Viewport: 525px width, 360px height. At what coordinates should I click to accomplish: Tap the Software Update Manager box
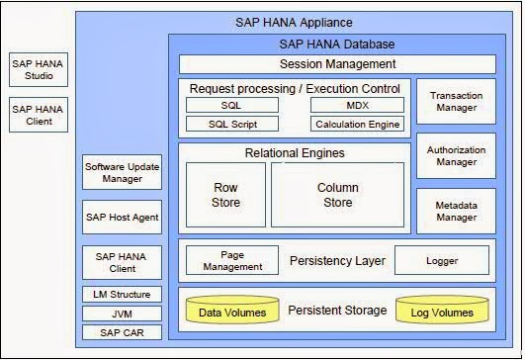(120, 172)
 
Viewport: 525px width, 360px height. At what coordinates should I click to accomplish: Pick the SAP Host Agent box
(120, 217)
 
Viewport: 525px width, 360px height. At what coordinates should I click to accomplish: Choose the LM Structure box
(120, 294)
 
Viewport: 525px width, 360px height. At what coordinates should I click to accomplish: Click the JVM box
(120, 313)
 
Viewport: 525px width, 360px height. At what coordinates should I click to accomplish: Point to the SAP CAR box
(120, 331)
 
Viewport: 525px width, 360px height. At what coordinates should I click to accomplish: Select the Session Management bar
(336, 65)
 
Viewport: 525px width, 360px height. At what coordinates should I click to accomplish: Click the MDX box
(357, 105)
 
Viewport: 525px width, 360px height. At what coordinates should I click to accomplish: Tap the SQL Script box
(232, 125)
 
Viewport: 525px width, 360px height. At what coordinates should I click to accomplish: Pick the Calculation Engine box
(357, 125)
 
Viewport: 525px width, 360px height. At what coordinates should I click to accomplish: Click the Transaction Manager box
(456, 102)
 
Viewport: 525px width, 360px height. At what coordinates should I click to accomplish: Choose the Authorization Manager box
(456, 155)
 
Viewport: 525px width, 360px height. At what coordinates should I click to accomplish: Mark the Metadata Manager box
(456, 210)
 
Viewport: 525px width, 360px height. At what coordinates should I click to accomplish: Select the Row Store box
(226, 195)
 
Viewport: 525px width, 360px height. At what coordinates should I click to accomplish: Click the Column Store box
(336, 195)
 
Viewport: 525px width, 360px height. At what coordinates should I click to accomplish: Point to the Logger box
(441, 260)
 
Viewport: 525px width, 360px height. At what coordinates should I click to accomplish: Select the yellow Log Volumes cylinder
(442, 312)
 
